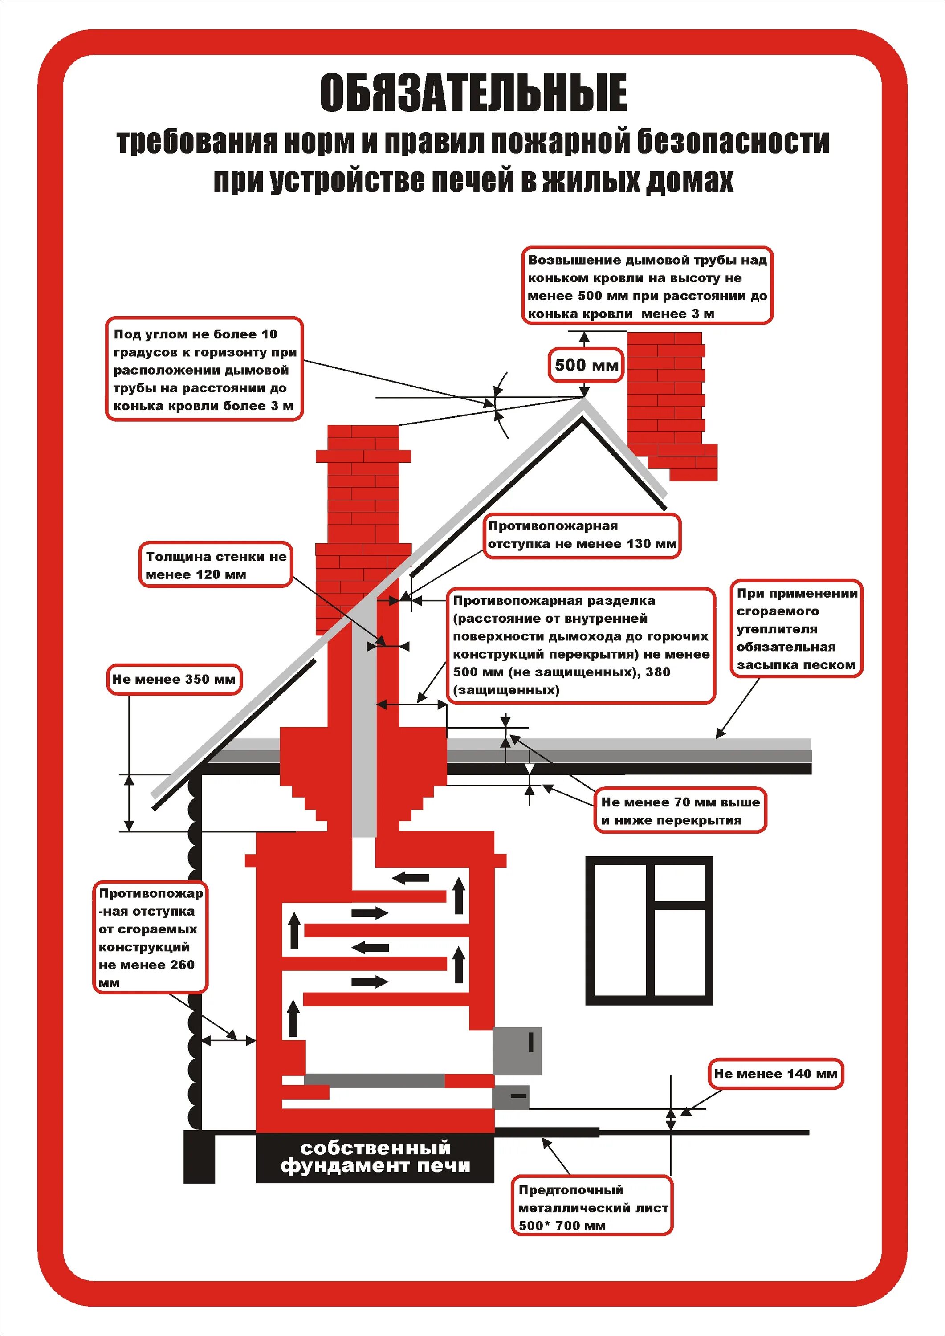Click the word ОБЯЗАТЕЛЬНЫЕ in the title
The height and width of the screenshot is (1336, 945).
(473, 93)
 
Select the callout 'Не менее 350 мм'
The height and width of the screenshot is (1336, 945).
(173, 679)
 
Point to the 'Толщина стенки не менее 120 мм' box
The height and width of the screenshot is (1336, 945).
(215, 565)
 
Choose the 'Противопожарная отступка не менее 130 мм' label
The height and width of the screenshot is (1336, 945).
(582, 535)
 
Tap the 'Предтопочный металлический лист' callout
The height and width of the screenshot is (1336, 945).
(592, 1207)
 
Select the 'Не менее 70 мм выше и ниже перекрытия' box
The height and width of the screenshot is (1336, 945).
(680, 811)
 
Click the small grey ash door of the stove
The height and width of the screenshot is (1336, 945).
(511, 1097)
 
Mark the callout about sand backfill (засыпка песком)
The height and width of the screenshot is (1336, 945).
(796, 629)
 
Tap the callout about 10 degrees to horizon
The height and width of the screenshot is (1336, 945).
(204, 369)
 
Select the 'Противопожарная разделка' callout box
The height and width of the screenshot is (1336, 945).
(581, 645)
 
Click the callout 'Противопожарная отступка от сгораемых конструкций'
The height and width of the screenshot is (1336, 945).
(150, 937)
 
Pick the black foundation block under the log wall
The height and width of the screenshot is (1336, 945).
(199, 1156)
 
